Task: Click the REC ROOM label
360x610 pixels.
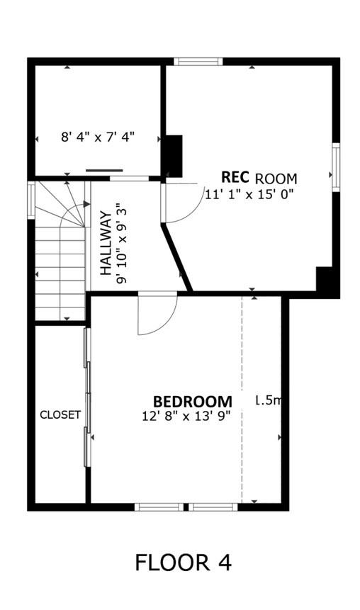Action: [259, 177]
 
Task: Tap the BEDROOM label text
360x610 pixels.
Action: [193, 401]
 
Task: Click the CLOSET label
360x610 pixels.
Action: [60, 415]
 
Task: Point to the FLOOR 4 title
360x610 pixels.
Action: [184, 563]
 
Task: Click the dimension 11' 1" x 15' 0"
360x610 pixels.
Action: [249, 193]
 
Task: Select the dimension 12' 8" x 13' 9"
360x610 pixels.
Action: [186, 417]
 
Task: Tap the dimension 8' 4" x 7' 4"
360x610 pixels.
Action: [97, 137]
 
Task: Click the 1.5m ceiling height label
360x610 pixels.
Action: [269, 401]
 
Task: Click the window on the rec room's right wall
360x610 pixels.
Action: [336, 166]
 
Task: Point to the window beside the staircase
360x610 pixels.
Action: [31, 199]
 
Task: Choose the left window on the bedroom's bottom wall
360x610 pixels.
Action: [160, 507]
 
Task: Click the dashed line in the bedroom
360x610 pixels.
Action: [242, 397]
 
